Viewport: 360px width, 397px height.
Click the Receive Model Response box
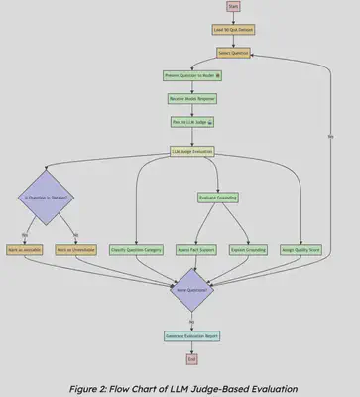[192, 100]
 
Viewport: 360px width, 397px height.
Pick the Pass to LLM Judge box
[192, 123]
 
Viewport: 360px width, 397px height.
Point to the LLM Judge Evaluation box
[192, 152]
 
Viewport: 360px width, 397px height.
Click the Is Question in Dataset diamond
[47, 198]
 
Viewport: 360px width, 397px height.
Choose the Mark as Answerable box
[22, 250]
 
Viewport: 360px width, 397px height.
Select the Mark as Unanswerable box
[71, 250]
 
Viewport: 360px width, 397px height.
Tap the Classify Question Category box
[136, 250]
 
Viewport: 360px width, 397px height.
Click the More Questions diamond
[192, 292]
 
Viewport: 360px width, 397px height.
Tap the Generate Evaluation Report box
[192, 335]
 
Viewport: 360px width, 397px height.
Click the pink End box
[192, 357]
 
